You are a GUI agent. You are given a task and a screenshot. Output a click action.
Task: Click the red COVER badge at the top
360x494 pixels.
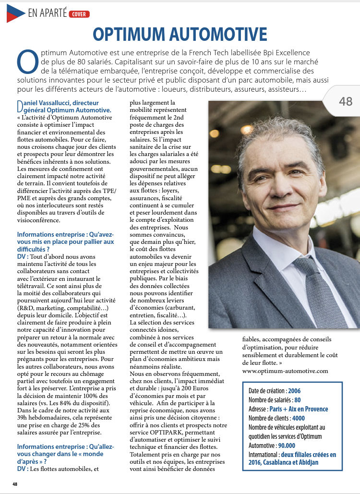[79, 14]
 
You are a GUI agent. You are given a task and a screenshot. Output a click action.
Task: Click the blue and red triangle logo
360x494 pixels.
[14, 13]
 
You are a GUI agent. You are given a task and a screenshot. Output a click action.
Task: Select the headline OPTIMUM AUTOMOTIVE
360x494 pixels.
[180, 35]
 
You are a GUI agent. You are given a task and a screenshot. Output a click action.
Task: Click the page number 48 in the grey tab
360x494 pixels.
[346, 101]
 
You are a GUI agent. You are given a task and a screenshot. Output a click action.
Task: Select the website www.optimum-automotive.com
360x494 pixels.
[285, 370]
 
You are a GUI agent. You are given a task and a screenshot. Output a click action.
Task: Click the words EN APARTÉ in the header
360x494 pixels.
[48, 13]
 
